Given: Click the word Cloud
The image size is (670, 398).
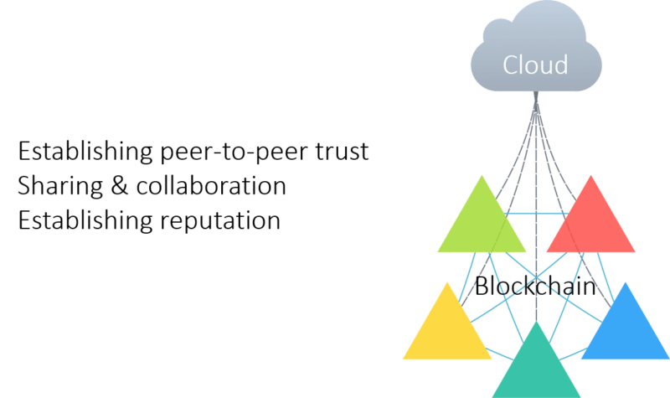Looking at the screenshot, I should pyautogui.click(x=534, y=65).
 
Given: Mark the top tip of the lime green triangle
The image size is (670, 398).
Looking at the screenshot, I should pyautogui.click(x=482, y=175).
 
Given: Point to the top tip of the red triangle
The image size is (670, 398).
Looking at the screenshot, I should pyautogui.click(x=591, y=175).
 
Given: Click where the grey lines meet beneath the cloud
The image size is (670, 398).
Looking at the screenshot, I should pyautogui.click(x=535, y=99).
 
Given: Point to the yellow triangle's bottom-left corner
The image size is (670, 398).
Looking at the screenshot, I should pyautogui.click(x=403, y=359).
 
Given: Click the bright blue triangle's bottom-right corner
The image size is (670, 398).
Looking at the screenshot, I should pyautogui.click(x=668, y=359).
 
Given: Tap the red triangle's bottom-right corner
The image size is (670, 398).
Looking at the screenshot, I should pyautogui.click(x=636, y=251).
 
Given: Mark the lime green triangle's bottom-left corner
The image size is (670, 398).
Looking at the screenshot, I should pyautogui.click(x=437, y=251).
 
